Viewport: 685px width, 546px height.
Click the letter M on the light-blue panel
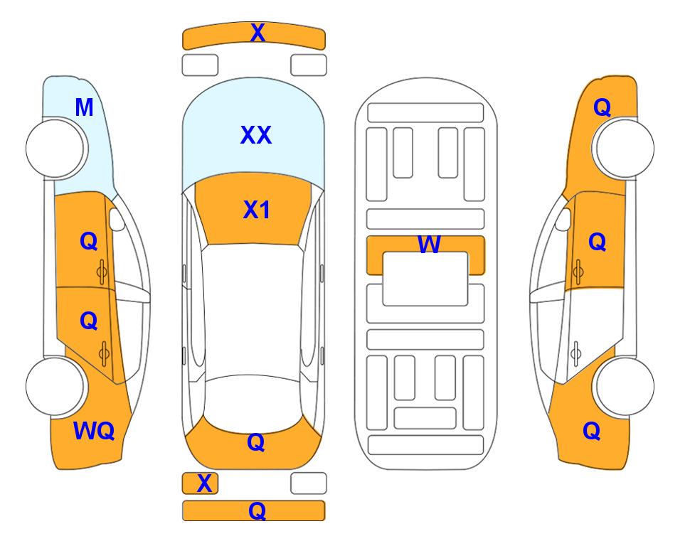tap(84, 107)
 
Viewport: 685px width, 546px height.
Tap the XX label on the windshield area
tap(256, 135)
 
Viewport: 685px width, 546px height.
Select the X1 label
tap(257, 210)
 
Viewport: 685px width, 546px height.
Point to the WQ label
tap(94, 431)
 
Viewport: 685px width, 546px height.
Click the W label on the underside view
tap(429, 244)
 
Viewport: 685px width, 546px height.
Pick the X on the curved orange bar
tap(257, 33)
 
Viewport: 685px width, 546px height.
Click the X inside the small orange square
tap(204, 483)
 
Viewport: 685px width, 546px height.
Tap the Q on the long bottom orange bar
tap(257, 510)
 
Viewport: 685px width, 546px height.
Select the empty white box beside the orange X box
tap(309, 483)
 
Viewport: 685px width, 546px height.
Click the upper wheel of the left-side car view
tap(55, 148)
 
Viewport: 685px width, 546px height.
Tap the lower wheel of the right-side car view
tap(625, 387)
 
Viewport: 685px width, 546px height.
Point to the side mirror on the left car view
tap(117, 219)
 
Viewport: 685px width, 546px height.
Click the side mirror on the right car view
tap(563, 219)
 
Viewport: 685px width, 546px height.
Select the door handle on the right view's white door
tap(576, 354)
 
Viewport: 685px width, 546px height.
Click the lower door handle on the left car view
tap(104, 354)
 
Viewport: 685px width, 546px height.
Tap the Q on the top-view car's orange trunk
tap(256, 442)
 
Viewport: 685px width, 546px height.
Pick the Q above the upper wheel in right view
tap(602, 107)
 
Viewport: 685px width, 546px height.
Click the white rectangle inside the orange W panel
tap(425, 279)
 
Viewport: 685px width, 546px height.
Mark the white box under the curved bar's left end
tap(200, 65)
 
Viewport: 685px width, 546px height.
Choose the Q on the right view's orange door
tap(598, 242)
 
